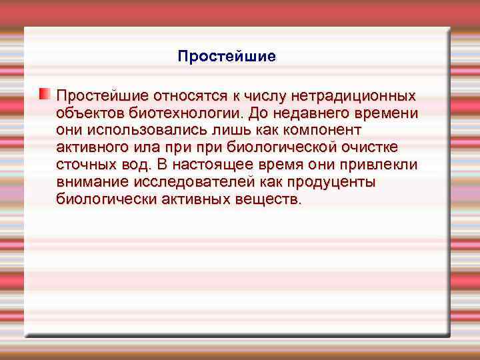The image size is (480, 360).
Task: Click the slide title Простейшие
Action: [x=227, y=57]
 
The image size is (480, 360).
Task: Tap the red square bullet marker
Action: [x=44, y=93]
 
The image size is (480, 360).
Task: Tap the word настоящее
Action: [x=217, y=165]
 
